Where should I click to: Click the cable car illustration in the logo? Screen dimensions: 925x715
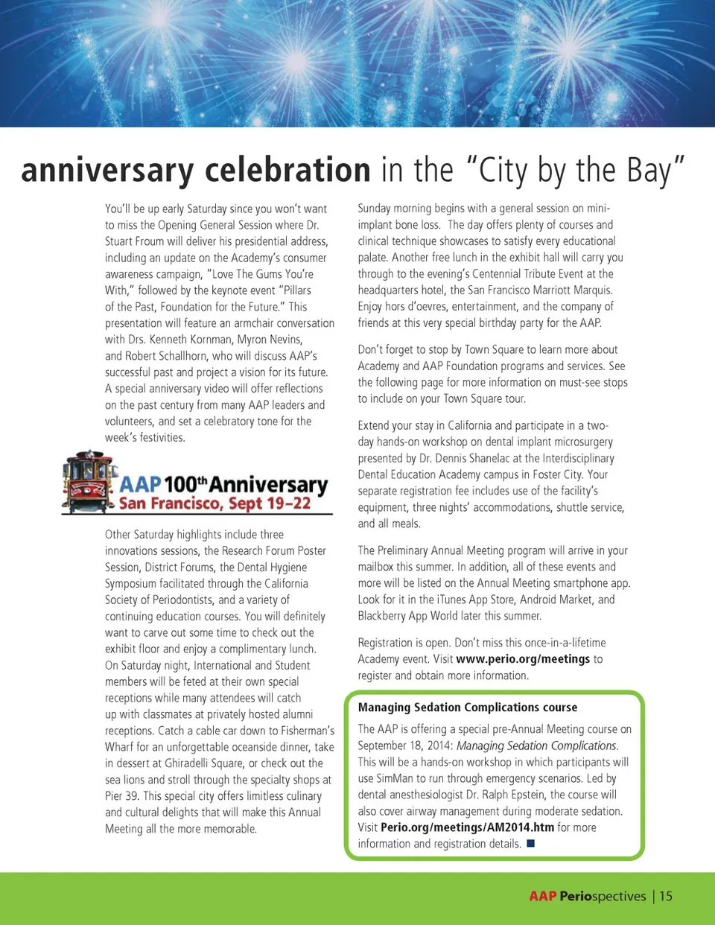(x=90, y=482)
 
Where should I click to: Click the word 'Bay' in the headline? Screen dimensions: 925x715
(x=649, y=171)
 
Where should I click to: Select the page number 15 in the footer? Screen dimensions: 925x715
(x=666, y=896)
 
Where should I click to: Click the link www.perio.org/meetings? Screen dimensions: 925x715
(x=523, y=659)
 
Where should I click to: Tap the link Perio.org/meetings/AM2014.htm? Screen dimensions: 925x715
(x=467, y=827)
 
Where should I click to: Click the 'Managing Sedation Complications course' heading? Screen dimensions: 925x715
(x=467, y=708)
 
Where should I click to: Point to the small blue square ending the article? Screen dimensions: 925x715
(x=531, y=844)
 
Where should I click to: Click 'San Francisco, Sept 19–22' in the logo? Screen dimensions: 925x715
(x=214, y=504)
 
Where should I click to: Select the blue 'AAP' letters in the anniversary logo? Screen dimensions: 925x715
(x=141, y=484)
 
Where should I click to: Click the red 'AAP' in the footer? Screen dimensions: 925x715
(x=542, y=896)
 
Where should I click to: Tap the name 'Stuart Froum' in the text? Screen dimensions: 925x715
(x=134, y=241)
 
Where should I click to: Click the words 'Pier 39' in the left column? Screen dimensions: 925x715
(x=121, y=796)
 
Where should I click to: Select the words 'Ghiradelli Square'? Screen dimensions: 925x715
(x=197, y=763)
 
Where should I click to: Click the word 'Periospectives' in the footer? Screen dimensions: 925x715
(x=603, y=896)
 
